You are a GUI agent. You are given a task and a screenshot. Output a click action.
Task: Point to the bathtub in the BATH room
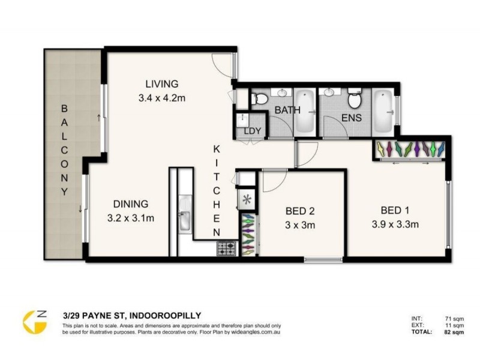pyautogui.click(x=305, y=112)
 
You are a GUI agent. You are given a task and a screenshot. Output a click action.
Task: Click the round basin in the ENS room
pyautogui.click(x=329, y=93)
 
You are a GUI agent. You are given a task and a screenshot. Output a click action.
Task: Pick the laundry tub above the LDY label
pyautogui.click(x=243, y=119)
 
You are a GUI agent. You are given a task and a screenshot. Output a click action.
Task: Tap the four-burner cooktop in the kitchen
pyautogui.click(x=227, y=248)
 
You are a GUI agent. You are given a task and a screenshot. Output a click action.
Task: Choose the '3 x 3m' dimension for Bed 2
pyautogui.click(x=299, y=226)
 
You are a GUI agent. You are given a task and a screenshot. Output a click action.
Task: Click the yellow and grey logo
pyautogui.click(x=34, y=322)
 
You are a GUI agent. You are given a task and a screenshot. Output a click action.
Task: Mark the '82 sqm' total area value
pyautogui.click(x=454, y=331)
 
